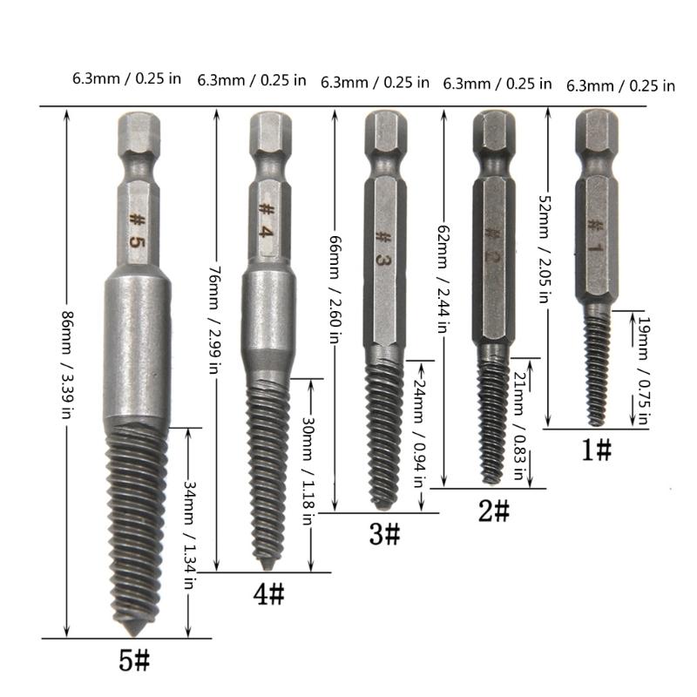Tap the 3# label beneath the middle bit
[x=384, y=533]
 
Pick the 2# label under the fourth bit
[x=494, y=510]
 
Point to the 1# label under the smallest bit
[x=597, y=450]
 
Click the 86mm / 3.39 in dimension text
[x=65, y=376]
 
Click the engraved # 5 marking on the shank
[x=136, y=231]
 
